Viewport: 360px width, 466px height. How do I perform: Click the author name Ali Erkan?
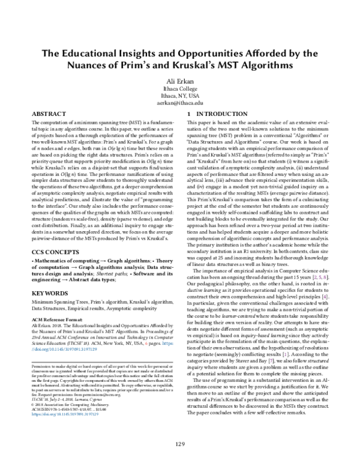pyautogui.click(x=180, y=79)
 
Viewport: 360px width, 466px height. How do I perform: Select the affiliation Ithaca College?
pyautogui.click(x=180, y=88)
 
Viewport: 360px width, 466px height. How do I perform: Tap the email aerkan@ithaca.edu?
pyautogui.click(x=180, y=103)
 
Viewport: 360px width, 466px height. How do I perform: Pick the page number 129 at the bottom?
pyautogui.click(x=180, y=443)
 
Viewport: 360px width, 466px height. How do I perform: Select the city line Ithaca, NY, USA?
pyautogui.click(x=180, y=95)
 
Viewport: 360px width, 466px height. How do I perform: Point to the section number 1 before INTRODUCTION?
pyautogui.click(x=190, y=113)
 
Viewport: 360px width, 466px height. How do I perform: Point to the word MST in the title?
pyautogui.click(x=248, y=64)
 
